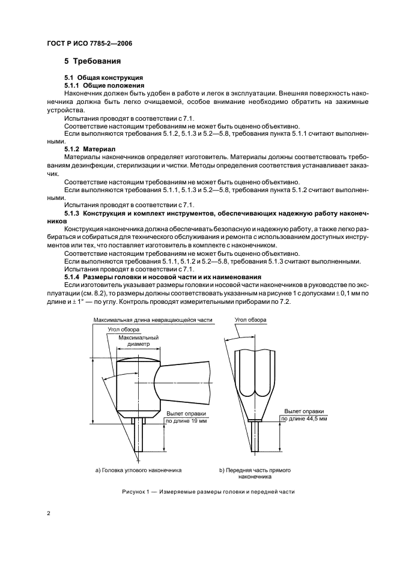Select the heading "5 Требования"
[93, 61]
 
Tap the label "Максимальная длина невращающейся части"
[153, 321]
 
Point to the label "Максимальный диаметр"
[138, 342]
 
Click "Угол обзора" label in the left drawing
[124, 330]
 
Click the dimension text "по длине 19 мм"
[187, 421]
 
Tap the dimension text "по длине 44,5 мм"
[306, 418]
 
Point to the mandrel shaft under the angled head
[139, 436]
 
